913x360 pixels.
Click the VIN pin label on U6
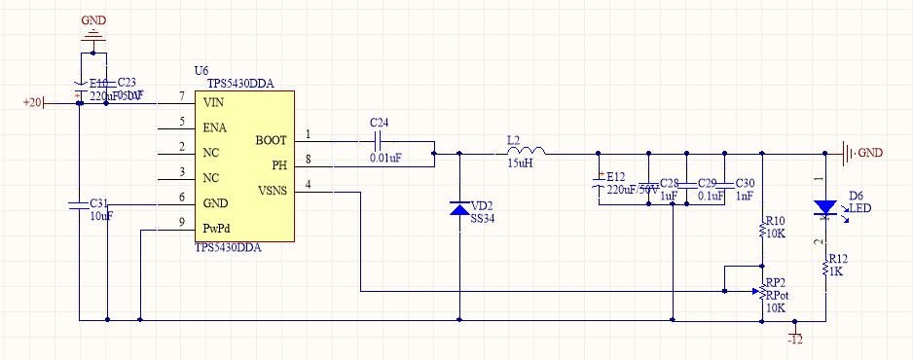click(x=214, y=102)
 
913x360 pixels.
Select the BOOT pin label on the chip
click(x=271, y=140)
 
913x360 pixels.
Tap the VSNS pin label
click(x=273, y=191)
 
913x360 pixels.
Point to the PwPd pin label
click(x=217, y=229)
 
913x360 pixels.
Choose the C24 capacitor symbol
click(x=379, y=140)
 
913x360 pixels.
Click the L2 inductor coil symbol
click(x=526, y=151)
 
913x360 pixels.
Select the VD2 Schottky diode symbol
click(x=459, y=209)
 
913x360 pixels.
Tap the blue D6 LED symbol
click(x=825, y=207)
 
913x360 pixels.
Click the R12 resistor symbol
click(x=825, y=266)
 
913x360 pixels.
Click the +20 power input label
click(x=33, y=102)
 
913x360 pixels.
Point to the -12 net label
click(x=795, y=339)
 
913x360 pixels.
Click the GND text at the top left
click(x=94, y=19)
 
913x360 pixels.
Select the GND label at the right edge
click(x=869, y=153)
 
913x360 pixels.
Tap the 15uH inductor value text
click(x=519, y=163)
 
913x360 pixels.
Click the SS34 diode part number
click(x=484, y=220)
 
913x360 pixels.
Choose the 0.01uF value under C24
click(x=385, y=157)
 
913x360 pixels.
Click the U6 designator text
click(x=201, y=71)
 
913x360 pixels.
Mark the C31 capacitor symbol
click(x=77, y=204)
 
